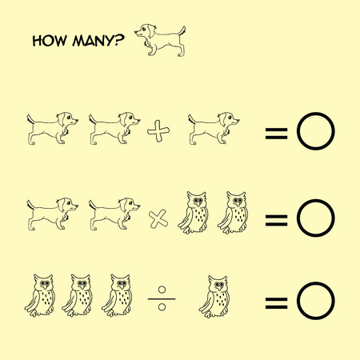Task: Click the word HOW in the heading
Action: (50, 41)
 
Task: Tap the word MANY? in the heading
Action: (98, 41)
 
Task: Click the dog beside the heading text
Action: (160, 40)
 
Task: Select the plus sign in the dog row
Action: (158, 131)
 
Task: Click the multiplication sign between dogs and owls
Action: (158, 219)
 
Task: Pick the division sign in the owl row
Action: (162, 298)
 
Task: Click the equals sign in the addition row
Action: (277, 134)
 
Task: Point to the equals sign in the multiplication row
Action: (277, 220)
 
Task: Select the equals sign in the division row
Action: (277, 303)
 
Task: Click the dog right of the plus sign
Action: (214, 128)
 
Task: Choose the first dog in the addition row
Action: (53, 128)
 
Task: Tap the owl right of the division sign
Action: (214, 297)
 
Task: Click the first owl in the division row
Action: (40, 295)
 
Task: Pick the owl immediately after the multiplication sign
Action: (194, 213)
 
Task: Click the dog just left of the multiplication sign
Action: (114, 214)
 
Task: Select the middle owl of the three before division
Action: (78, 295)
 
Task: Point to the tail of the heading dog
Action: (182, 31)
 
